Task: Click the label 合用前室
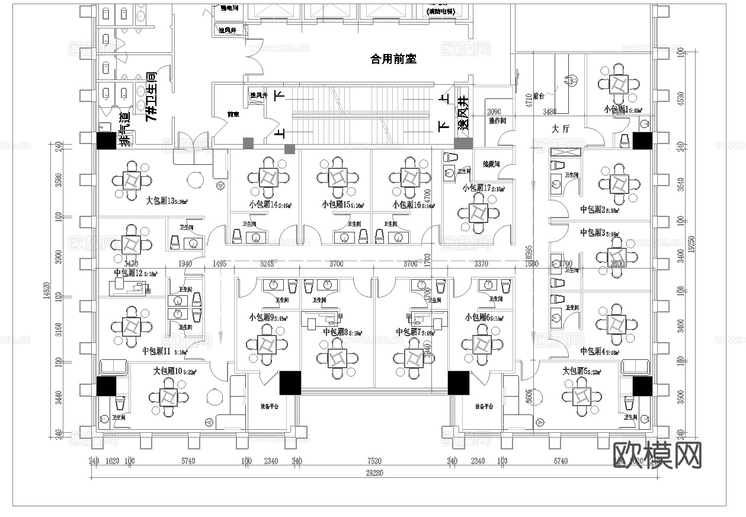(393, 59)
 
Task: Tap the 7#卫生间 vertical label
(151, 97)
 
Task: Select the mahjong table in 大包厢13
(131, 180)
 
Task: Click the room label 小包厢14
(264, 205)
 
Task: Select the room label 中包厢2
(591, 209)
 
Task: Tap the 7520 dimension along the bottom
(374, 461)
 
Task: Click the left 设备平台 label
(269, 407)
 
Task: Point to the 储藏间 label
(491, 164)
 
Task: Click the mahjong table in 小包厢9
(265, 344)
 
